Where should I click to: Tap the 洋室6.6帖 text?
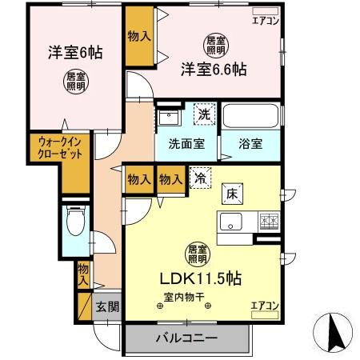pyautogui.click(x=212, y=69)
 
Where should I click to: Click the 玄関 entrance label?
pyautogui.click(x=108, y=306)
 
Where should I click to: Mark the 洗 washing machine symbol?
pyautogui.click(x=204, y=114)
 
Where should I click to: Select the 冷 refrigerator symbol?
pyautogui.click(x=197, y=181)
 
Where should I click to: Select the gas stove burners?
pyautogui.click(x=266, y=221)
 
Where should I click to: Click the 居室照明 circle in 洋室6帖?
pyautogui.click(x=77, y=80)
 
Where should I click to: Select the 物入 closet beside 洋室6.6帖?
pyautogui.click(x=138, y=35)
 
